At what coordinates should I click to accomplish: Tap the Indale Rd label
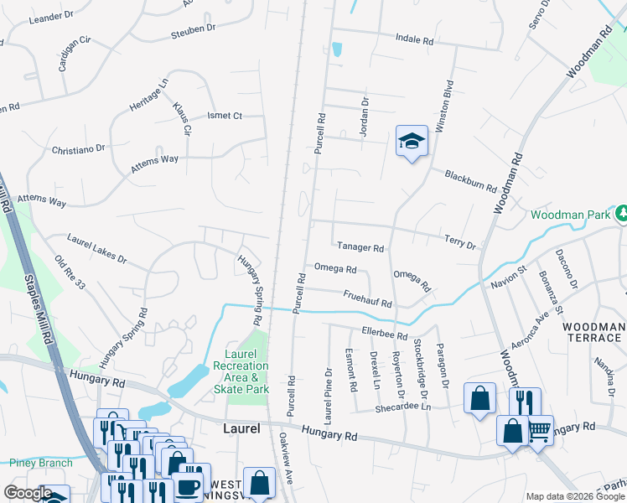[415, 40]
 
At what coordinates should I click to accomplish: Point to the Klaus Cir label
[182, 118]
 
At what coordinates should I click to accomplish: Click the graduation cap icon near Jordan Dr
[412, 142]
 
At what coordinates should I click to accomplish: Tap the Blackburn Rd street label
[471, 182]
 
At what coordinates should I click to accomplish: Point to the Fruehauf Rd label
[367, 298]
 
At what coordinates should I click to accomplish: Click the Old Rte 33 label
[70, 272]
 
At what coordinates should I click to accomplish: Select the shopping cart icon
[539, 430]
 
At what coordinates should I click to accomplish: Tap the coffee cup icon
[187, 487]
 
